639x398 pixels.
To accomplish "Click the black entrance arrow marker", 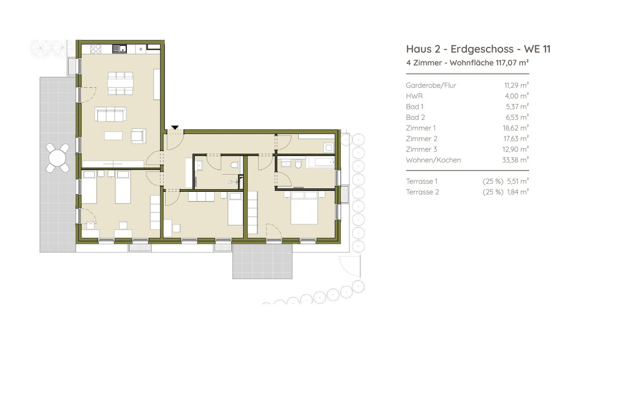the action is [x=175, y=128].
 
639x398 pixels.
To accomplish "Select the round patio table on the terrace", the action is [x=58, y=158].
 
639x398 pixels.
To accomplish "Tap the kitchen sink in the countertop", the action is [x=120, y=49].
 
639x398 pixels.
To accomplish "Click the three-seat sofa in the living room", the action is [x=110, y=114].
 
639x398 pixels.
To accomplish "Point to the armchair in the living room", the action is [x=138, y=136].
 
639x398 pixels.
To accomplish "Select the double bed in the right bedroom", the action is [x=304, y=208].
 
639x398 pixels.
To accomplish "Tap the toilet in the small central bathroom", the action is [x=235, y=165].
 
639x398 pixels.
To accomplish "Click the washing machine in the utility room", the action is [x=329, y=148].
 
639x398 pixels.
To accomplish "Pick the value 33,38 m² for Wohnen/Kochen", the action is [x=515, y=160].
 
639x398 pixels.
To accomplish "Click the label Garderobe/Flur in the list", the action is [x=431, y=85].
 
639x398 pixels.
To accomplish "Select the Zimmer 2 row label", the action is [x=422, y=139].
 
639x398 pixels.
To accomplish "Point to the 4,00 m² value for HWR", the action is [x=517, y=96].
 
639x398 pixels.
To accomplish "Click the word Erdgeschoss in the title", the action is [x=482, y=50].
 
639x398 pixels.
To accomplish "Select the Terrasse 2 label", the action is [x=422, y=192].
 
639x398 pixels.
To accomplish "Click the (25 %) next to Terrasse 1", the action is [x=493, y=181].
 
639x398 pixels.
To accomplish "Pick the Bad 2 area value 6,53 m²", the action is [x=517, y=117].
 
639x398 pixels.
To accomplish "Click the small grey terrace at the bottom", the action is [x=263, y=261].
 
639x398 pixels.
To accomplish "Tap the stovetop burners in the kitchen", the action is [x=95, y=49].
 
